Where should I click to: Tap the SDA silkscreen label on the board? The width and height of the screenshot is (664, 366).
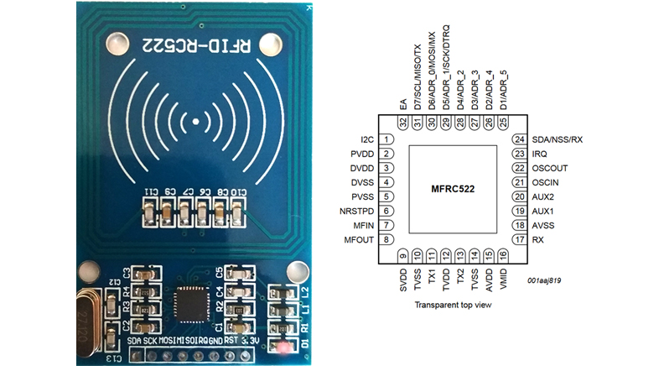[137, 342]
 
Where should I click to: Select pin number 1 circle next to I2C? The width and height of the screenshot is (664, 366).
[387, 139]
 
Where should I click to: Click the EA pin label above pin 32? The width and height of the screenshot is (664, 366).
[403, 103]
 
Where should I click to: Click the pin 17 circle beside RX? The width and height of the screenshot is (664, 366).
[519, 240]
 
